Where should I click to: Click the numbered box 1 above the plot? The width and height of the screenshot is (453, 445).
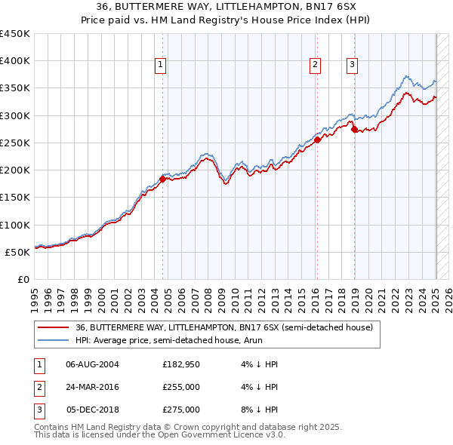coord(162,66)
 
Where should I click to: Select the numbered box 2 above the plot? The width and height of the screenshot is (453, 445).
coord(314,66)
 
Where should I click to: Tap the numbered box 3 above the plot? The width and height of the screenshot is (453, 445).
coord(352,66)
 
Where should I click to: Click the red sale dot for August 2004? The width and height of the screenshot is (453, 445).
coord(162,180)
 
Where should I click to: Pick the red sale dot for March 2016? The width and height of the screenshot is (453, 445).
coord(317,140)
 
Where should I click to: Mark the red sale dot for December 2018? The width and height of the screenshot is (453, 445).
coord(354,129)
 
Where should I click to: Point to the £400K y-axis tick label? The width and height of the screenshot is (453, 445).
coord(15,61)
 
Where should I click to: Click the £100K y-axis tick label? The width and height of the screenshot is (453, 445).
coord(15,225)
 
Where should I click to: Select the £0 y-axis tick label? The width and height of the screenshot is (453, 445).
coord(23,279)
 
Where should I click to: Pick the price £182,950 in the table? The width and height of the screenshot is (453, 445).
coord(181,364)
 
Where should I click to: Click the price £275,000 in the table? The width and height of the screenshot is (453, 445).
coord(181,410)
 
